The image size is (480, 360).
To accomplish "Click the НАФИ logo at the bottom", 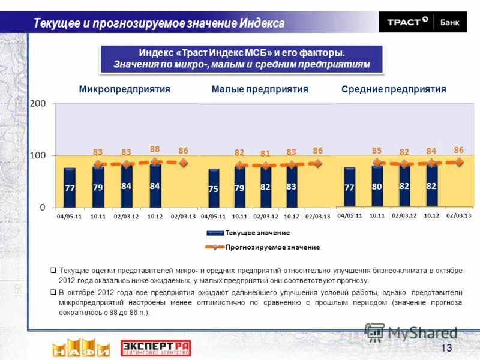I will (x=80, y=347).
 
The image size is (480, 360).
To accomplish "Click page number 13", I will (x=446, y=349).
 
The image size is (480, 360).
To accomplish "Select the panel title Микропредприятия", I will (x=125, y=89).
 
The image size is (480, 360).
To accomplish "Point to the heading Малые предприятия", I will (x=260, y=89).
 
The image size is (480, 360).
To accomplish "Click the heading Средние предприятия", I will (x=394, y=89).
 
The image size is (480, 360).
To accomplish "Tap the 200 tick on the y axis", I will (x=38, y=104).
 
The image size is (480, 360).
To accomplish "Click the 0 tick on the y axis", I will (x=42, y=207).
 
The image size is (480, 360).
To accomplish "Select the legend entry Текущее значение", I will (x=257, y=233).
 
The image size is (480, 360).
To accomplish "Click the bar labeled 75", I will (x=214, y=188).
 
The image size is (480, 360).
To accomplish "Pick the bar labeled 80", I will (x=377, y=186).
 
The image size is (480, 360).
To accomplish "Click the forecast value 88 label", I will (x=155, y=149).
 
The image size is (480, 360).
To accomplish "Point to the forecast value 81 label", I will (x=265, y=154).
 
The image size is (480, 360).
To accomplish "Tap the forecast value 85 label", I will (x=377, y=150).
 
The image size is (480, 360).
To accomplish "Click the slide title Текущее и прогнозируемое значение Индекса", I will (x=159, y=23).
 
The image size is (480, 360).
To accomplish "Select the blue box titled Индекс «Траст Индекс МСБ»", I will (x=241, y=59).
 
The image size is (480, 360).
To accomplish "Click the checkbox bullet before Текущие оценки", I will (x=53, y=271).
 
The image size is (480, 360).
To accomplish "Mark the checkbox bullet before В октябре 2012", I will (x=53, y=292).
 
